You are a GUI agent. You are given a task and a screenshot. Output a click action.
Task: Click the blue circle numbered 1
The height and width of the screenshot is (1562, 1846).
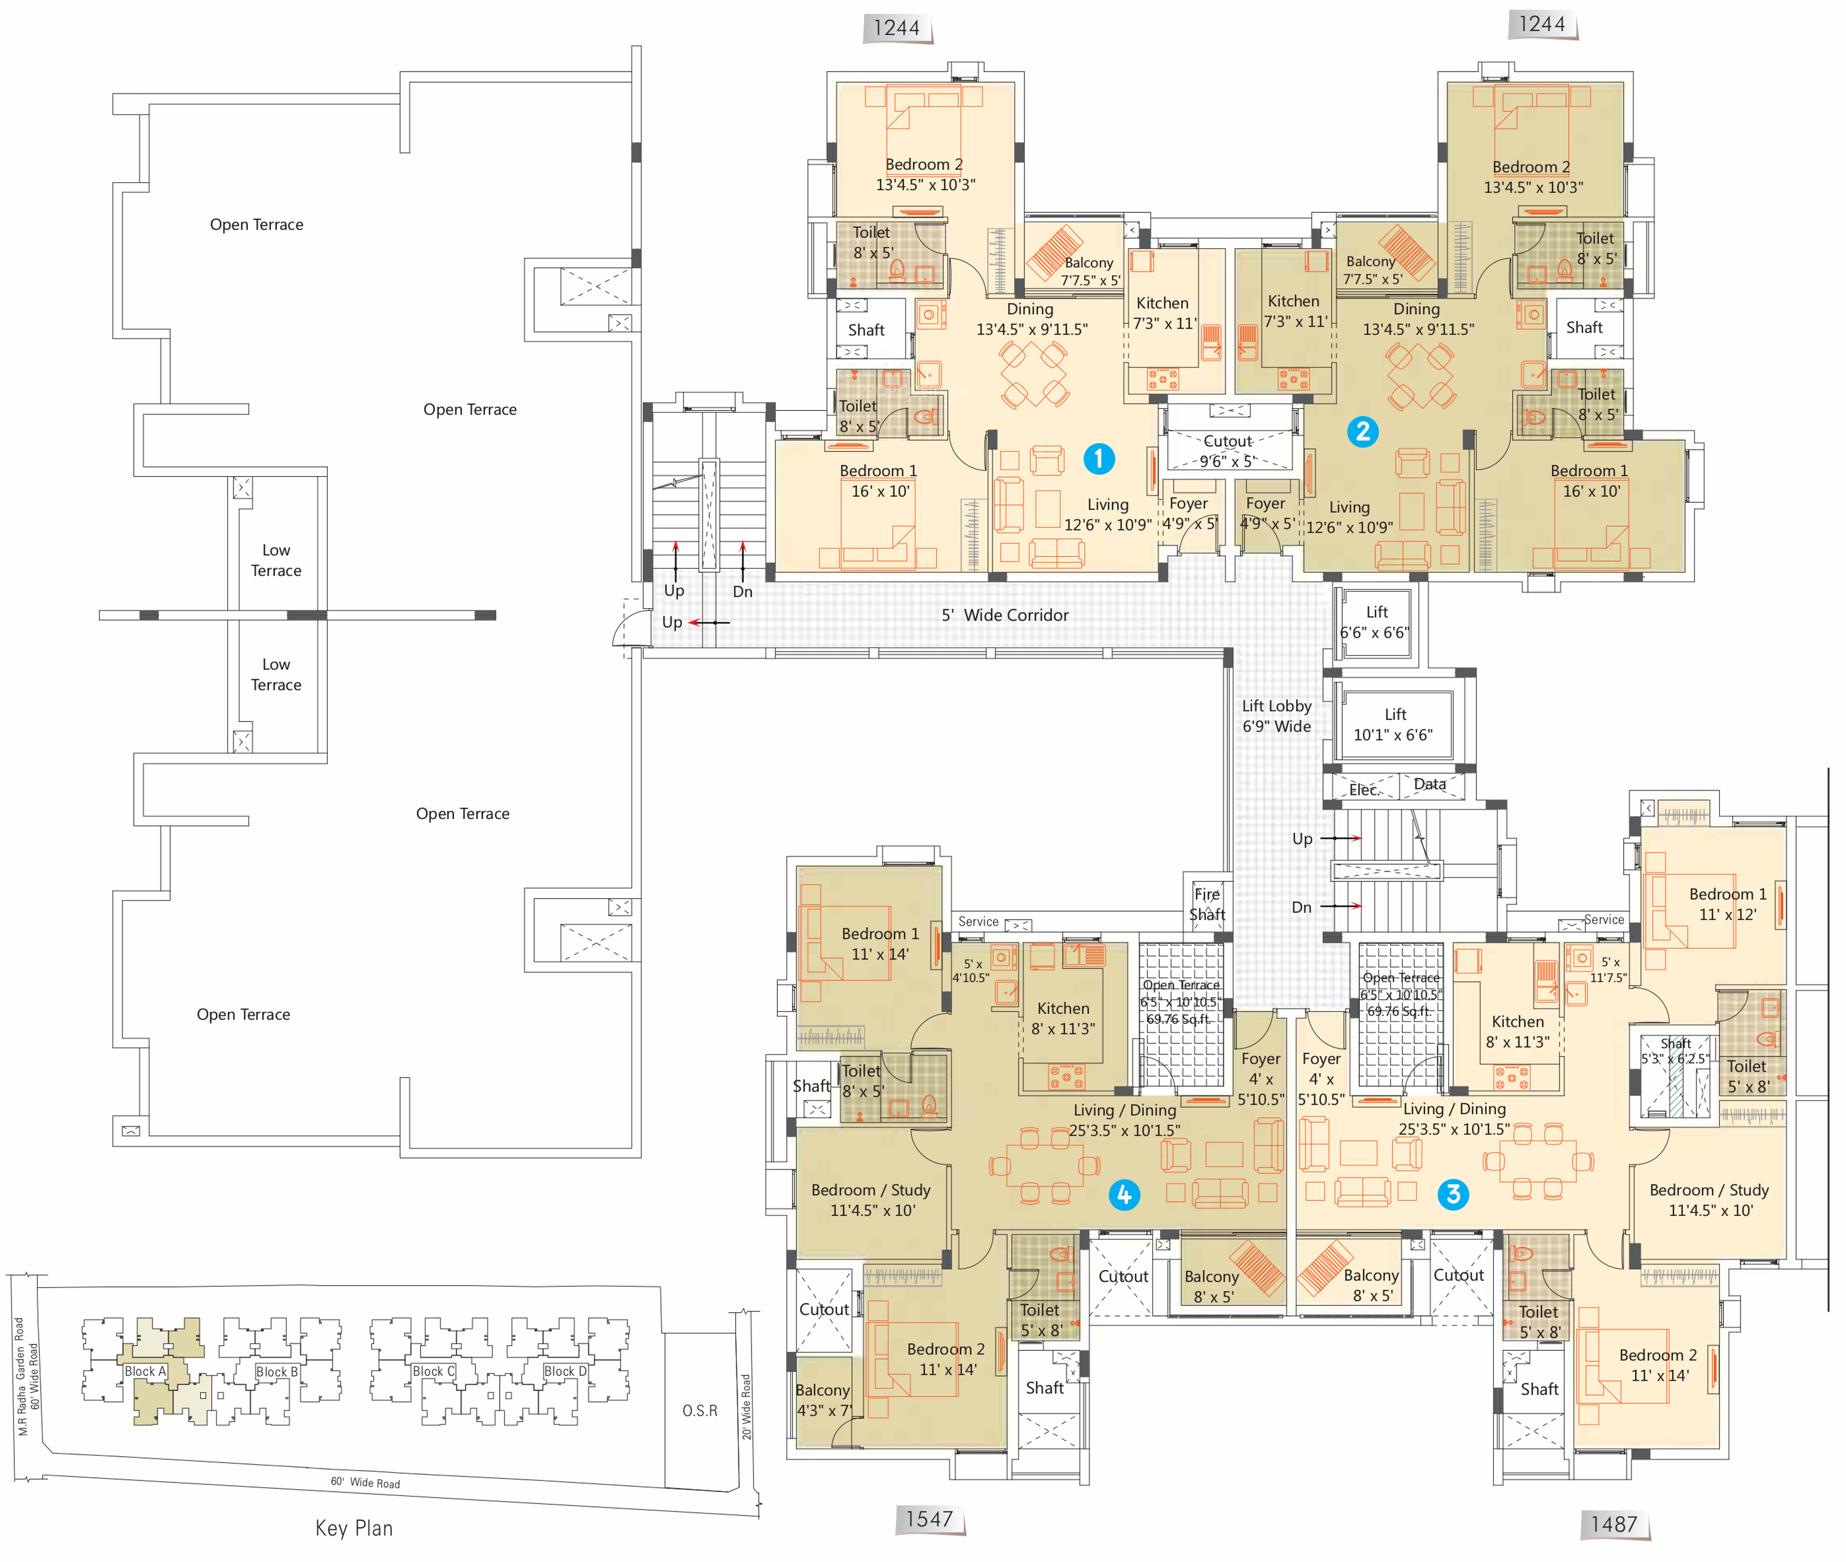(x=1098, y=459)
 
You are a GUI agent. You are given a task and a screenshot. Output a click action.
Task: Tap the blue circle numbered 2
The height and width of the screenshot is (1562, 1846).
(x=1362, y=431)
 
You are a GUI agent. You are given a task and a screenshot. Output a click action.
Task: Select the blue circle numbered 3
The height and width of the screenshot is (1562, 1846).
(x=1453, y=1193)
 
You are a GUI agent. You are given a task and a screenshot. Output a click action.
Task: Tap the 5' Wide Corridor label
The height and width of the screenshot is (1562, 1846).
(x=1005, y=614)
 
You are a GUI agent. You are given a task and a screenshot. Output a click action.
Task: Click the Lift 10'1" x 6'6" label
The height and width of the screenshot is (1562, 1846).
(x=1393, y=724)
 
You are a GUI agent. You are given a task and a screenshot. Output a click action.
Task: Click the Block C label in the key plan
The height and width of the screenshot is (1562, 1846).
(x=433, y=1371)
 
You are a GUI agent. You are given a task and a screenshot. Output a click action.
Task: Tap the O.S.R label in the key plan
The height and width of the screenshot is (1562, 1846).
(x=700, y=1410)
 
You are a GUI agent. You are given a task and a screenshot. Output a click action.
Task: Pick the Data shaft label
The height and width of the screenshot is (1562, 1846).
(x=1430, y=784)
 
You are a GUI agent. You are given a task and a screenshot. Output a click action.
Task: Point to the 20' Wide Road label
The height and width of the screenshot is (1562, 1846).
(x=746, y=1406)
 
